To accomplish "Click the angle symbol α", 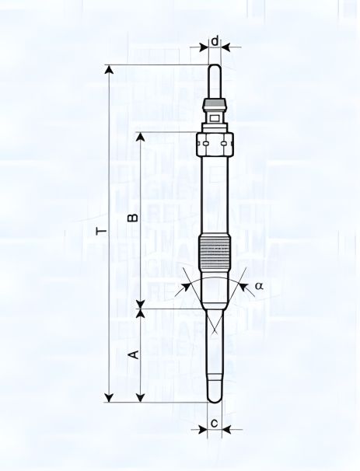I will (x=259, y=286).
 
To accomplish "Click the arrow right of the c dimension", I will (x=227, y=428).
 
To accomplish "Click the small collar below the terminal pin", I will (x=215, y=105).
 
